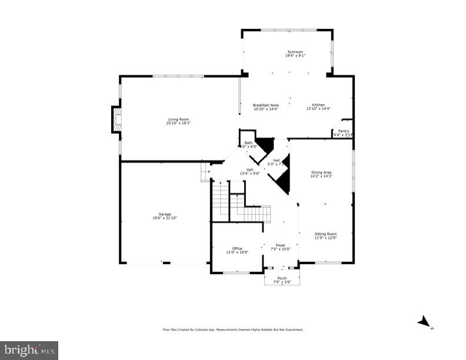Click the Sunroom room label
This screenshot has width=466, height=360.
point(295,52)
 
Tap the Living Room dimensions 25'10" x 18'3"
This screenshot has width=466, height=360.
point(178,123)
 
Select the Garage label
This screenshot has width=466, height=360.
point(164,214)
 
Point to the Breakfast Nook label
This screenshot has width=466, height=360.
point(265,105)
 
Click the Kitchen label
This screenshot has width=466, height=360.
point(318,105)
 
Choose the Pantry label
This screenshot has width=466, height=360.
point(343,131)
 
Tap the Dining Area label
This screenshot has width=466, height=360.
point(321,172)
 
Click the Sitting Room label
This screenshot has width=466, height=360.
point(325,234)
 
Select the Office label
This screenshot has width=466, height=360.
point(237,248)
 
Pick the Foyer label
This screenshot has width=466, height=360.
point(281,245)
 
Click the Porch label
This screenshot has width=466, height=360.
point(282,278)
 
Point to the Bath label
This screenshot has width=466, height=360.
point(248,143)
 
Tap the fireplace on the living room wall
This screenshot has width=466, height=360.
point(116,120)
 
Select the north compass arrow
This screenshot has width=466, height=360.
point(424,321)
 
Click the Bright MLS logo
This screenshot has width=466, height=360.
point(29,351)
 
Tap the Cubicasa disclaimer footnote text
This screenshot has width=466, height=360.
point(233,329)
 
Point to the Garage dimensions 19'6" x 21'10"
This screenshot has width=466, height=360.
point(164,218)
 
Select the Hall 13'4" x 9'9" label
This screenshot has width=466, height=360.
point(249,172)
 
